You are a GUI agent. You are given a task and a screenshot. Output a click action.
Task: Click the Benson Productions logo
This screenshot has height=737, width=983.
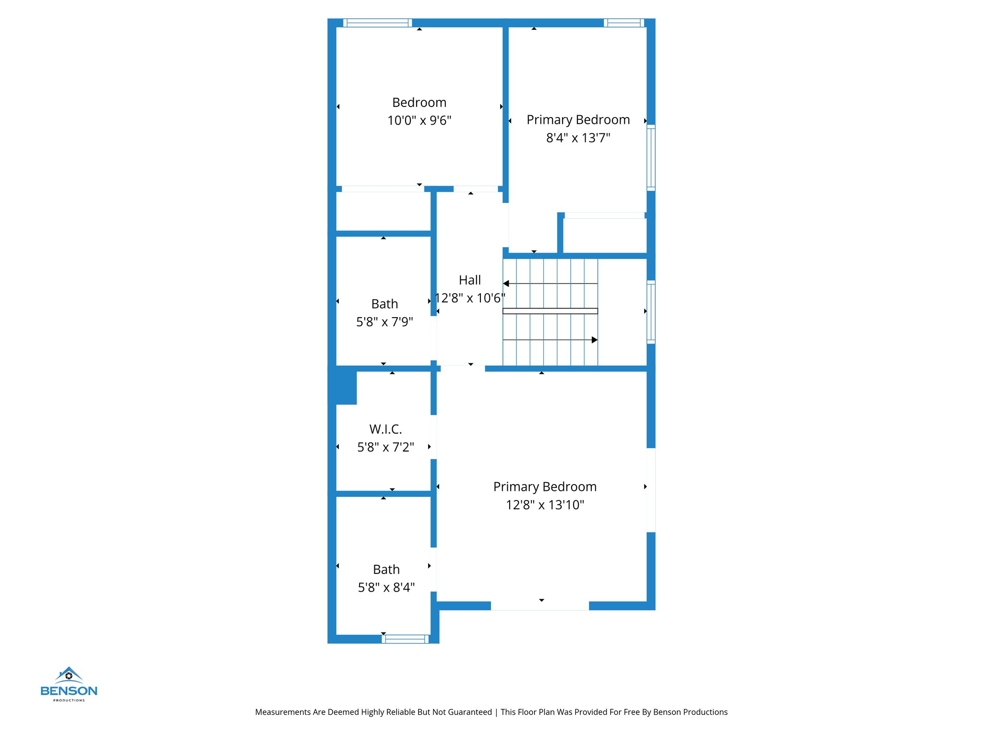click(x=69, y=684)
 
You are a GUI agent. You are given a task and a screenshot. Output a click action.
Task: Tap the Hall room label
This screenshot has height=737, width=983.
click(x=469, y=280)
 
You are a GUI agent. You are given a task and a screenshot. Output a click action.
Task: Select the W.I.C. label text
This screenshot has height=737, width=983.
click(x=385, y=429)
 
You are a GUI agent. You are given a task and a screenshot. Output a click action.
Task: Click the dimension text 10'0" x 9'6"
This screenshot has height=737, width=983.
click(x=419, y=120)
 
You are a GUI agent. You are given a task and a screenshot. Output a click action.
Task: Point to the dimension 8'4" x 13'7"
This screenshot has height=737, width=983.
click(x=578, y=138)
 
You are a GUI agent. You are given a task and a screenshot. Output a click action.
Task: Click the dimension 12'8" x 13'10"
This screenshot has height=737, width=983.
click(x=545, y=505)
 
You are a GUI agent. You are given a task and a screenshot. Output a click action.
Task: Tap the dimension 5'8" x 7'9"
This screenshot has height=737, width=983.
click(x=384, y=322)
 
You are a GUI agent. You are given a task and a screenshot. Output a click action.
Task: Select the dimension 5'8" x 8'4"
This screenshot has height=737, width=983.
click(x=386, y=587)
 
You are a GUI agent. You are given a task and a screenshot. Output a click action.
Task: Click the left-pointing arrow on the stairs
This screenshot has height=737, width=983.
click(x=506, y=284)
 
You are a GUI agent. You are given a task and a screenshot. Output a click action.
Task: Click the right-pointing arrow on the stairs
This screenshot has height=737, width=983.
click(x=594, y=340)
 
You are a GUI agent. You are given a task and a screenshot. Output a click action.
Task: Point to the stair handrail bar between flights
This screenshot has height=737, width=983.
click(x=550, y=311)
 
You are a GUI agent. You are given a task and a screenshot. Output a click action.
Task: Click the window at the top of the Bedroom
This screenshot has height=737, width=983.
click(x=377, y=23)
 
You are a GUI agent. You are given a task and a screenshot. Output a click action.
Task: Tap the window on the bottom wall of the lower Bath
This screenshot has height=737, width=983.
click(x=405, y=639)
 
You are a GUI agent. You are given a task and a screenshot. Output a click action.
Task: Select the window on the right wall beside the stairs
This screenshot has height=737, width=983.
click(x=651, y=312)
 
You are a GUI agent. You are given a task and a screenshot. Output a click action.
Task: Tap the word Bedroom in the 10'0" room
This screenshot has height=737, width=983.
click(x=419, y=103)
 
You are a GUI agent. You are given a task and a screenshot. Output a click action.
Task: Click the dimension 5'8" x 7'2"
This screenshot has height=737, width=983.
click(x=385, y=447)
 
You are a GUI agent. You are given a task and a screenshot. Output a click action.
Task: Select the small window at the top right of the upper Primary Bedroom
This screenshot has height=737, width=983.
click(x=623, y=23)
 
